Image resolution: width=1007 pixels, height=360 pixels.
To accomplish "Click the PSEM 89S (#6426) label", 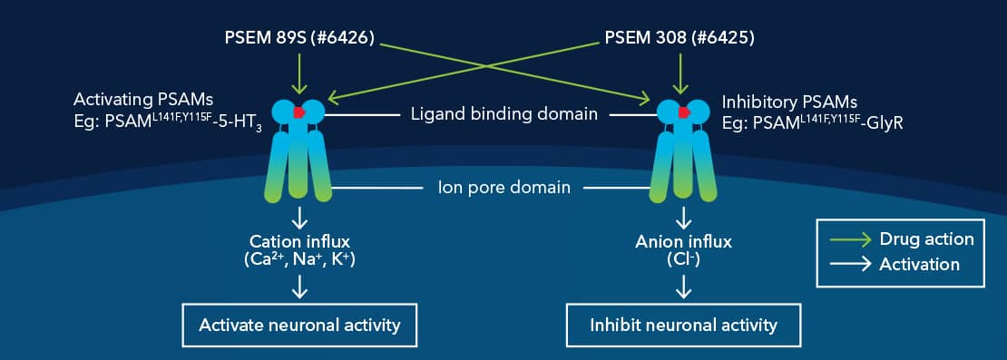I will [299, 41].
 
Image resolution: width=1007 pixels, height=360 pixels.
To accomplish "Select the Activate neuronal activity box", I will [299, 325].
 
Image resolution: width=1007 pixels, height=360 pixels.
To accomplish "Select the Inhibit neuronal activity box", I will [684, 325].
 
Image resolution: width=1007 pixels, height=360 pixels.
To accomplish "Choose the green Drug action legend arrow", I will [851, 239].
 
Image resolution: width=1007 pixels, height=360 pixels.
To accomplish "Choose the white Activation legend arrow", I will [851, 265].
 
